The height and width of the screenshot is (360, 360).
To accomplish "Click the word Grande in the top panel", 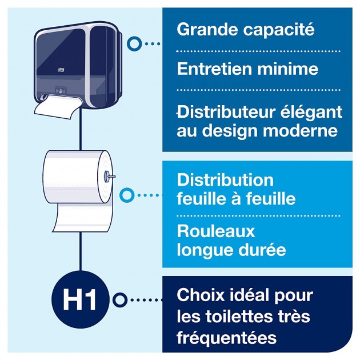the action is click(207, 29).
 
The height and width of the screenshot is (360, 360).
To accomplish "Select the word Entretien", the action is click(215, 69).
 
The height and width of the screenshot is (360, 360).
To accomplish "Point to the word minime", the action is click(287, 69).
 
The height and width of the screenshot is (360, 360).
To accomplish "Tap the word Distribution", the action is click(225, 180).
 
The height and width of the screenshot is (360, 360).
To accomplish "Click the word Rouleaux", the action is click(216, 231).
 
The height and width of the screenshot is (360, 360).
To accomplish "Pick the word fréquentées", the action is click(227, 337).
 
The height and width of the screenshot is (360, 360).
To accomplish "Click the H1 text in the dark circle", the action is click(79, 299).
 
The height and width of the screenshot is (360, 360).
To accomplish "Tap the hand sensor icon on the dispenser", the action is click(61, 91).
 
